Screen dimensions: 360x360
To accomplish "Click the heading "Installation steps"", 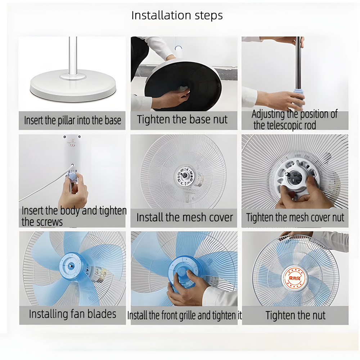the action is (x=177, y=15).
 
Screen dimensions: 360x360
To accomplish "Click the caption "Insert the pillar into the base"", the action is (x=73, y=121).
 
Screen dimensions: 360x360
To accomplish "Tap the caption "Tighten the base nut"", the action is (x=182, y=120).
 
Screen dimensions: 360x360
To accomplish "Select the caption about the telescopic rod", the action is (x=294, y=120).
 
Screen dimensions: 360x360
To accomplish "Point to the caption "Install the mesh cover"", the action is (x=185, y=217).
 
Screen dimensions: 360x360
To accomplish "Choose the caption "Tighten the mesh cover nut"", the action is (x=295, y=217).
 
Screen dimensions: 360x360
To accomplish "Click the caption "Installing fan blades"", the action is (x=73, y=314).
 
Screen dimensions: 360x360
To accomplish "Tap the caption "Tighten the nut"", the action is (x=295, y=315).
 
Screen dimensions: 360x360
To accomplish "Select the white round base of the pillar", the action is (x=73, y=86).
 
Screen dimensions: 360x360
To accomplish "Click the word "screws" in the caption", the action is (x=42, y=222).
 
